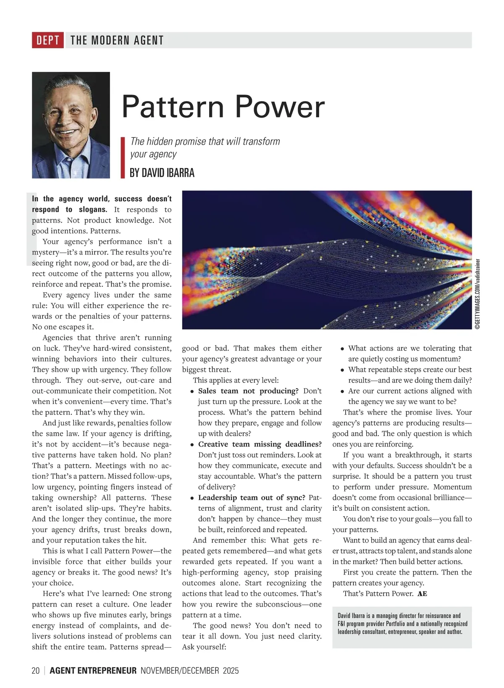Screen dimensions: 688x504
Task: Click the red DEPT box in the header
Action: [x=47, y=40]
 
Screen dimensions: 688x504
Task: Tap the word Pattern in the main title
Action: [x=173, y=107]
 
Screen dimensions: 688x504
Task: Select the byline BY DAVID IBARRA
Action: [x=162, y=173]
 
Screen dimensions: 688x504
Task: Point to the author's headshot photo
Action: [x=71, y=125]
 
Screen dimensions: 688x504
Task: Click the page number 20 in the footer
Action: [x=36, y=670]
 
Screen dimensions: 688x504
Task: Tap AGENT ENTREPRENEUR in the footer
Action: [x=93, y=670]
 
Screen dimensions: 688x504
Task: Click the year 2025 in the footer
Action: [x=231, y=670]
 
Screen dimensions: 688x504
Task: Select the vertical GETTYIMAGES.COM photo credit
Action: [x=478, y=294]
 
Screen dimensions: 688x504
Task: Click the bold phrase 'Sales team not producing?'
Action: [x=248, y=391]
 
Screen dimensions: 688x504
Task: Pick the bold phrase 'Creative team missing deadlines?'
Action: [x=260, y=444]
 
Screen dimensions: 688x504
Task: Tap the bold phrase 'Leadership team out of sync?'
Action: [x=252, y=498]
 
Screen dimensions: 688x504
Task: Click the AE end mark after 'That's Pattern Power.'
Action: [x=422, y=593]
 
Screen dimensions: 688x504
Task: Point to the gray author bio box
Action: [x=402, y=627]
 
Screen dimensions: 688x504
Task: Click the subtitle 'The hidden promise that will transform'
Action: [x=205, y=142]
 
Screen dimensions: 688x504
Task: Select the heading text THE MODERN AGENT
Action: [x=117, y=40]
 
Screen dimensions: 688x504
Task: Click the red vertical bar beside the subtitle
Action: [x=123, y=158]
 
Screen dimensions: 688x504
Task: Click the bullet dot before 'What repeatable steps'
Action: [x=343, y=370]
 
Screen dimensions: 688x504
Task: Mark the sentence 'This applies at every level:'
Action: [x=236, y=381]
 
